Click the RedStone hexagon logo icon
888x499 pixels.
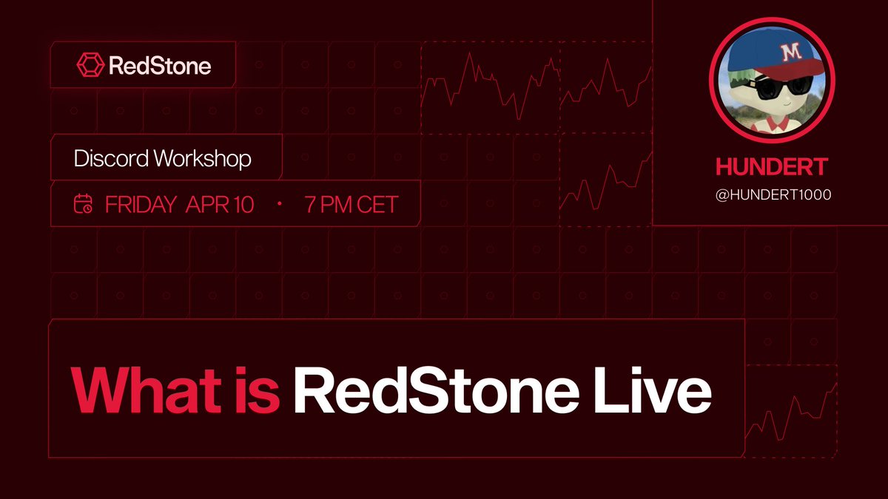pos(90,65)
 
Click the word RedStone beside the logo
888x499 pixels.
pos(159,66)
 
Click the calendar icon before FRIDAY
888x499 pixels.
pos(83,203)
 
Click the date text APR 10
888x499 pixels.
pos(219,204)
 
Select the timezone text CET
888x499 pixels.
pos(377,204)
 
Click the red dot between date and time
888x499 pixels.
pos(280,204)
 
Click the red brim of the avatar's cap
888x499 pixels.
pos(799,72)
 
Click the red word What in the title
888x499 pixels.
pos(133,391)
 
